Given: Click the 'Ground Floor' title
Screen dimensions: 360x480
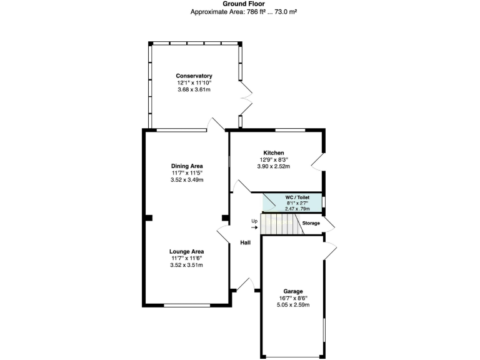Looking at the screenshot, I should pyautogui.click(x=239, y=4).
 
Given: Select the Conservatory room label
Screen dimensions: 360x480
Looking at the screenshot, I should pyautogui.click(x=194, y=76).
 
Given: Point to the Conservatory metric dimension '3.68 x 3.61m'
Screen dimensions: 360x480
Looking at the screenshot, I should pyautogui.click(x=194, y=89).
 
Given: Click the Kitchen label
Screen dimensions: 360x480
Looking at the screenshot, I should pyautogui.click(x=274, y=152).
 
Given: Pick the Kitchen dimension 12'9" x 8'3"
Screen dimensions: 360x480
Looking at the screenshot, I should pyautogui.click(x=274, y=159).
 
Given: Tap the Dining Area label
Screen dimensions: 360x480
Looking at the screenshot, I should pyautogui.click(x=187, y=166).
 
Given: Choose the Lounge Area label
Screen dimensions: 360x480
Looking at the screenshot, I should pyautogui.click(x=186, y=251).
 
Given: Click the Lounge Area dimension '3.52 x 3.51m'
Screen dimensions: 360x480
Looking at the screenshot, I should pyautogui.click(x=186, y=265).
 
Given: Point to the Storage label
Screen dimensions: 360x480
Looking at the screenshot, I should pyautogui.click(x=311, y=223).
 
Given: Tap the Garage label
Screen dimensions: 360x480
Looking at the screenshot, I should pyautogui.click(x=292, y=291).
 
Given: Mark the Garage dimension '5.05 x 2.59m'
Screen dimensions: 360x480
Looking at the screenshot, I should pyautogui.click(x=292, y=305).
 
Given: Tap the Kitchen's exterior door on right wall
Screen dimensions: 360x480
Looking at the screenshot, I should pyautogui.click(x=318, y=161).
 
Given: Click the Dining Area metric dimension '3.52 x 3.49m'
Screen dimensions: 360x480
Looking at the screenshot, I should pyautogui.click(x=187, y=180).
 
